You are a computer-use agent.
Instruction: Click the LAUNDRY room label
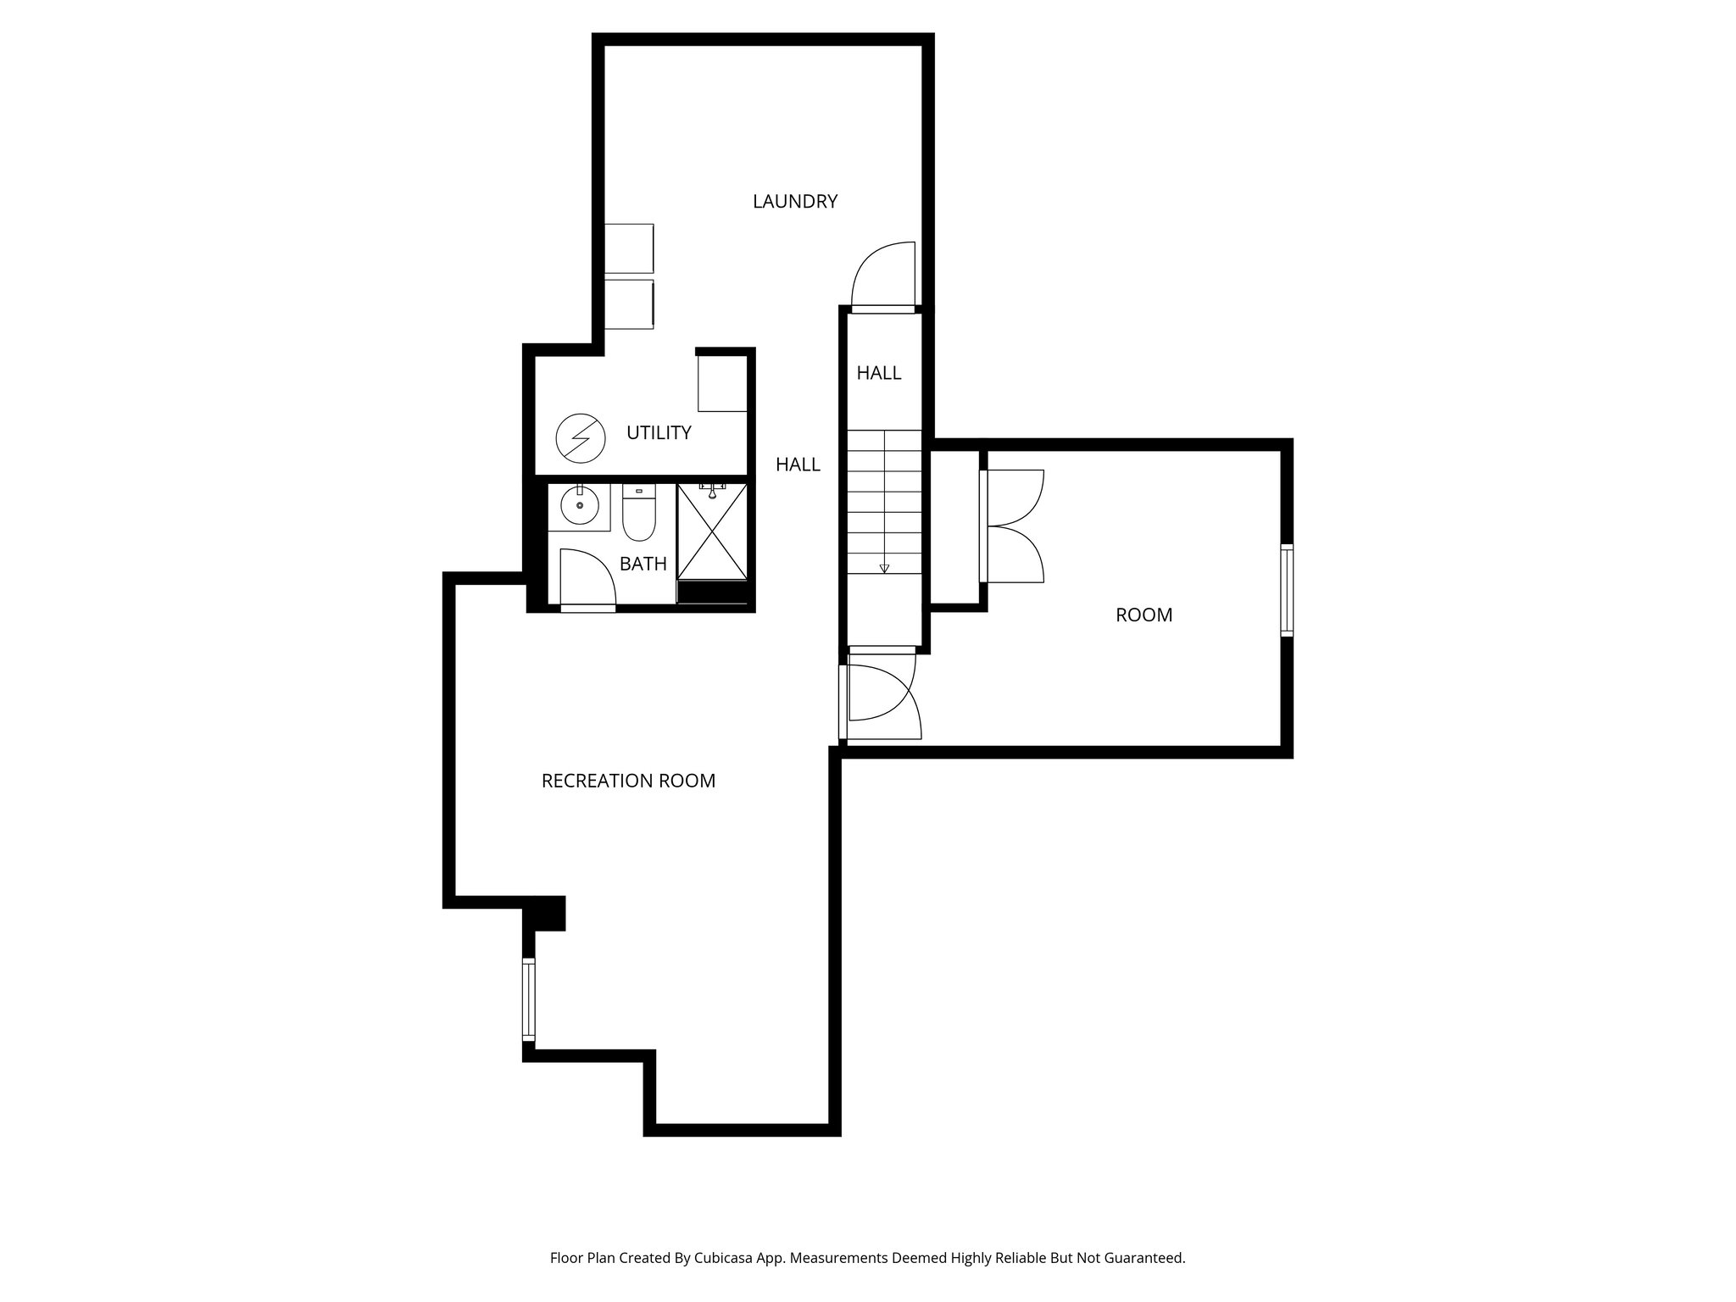coord(794,202)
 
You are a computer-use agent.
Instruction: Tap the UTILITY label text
coord(659,433)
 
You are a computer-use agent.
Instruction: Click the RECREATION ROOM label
coord(628,781)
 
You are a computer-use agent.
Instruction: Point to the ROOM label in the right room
coord(1143,615)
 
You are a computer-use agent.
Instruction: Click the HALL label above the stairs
coord(878,373)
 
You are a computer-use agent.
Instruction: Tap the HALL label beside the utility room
coord(798,465)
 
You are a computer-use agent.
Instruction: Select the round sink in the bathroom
coord(579,506)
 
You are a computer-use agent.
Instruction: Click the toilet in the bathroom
coord(638,514)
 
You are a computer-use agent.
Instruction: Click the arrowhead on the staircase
coord(884,569)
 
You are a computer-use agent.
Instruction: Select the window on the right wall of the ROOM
coord(1287,591)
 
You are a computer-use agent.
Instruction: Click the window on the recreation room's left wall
coord(529,999)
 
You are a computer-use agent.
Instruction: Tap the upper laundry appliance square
coord(628,248)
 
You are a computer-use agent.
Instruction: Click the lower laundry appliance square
coord(628,303)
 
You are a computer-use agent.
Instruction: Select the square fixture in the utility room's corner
coord(722,383)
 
